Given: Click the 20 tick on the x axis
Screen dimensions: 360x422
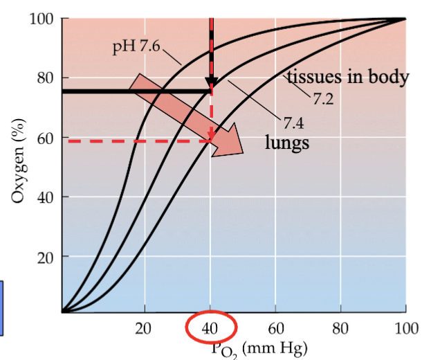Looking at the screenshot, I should point(145,327).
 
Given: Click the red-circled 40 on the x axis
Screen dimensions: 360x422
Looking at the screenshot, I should point(210,327).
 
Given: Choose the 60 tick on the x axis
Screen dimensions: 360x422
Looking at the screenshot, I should point(276,327).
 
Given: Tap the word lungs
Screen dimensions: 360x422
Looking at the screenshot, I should point(286,144).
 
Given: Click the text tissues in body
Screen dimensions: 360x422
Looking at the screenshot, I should point(347,77).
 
